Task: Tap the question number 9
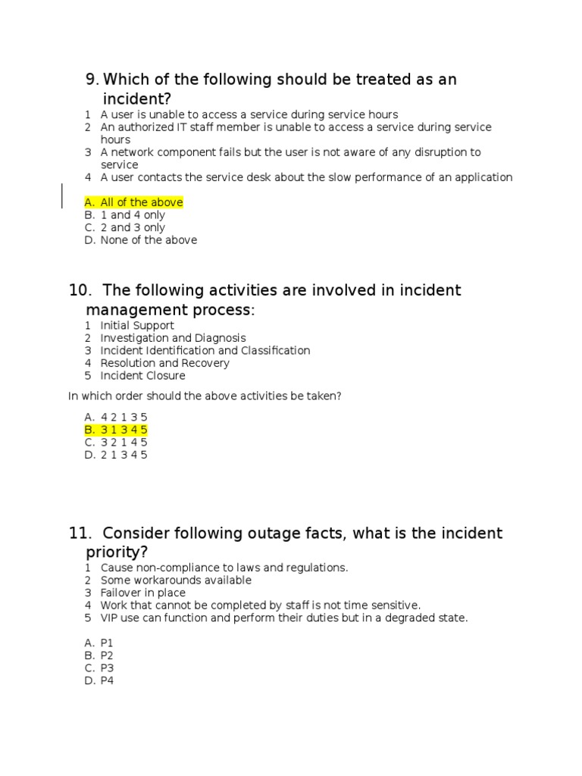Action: click(92, 80)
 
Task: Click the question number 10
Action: click(79, 290)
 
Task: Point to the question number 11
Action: click(79, 533)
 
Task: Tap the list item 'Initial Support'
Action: click(137, 326)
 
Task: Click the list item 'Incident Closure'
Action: click(142, 376)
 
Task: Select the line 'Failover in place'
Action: click(142, 593)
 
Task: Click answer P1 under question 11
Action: click(106, 643)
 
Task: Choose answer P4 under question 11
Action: click(106, 681)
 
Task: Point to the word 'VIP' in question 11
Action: click(110, 618)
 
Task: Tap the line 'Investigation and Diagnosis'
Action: click(173, 338)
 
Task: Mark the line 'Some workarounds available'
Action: click(176, 580)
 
